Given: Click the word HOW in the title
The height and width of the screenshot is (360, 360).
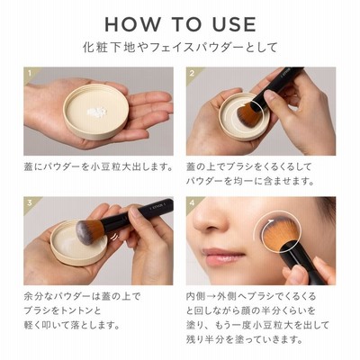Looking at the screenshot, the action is point(132,24).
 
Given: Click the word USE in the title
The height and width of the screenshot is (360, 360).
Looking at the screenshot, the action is point(234,24).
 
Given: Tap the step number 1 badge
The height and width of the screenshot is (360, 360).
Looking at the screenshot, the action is point(30,73).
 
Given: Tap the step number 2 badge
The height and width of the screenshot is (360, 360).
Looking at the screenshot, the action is point(192,73).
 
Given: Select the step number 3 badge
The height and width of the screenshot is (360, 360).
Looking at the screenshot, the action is point(30,202).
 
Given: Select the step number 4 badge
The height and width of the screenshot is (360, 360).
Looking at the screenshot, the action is point(192,202).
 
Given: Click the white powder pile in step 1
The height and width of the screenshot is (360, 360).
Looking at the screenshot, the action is point(96,112).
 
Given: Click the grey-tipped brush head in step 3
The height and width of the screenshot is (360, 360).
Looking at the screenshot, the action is point(89,231).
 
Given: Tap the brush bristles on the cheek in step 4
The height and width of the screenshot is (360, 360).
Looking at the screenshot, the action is point(279,232).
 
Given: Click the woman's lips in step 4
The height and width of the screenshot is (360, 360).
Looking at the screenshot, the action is point(223,256).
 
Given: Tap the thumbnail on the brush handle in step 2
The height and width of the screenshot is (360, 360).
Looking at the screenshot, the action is point(270,96).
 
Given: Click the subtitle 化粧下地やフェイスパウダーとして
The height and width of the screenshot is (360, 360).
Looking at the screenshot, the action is point(180,48).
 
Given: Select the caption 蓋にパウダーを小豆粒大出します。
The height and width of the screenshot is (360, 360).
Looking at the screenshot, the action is point(99,166).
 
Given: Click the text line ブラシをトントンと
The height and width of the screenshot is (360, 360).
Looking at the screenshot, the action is point(62,310).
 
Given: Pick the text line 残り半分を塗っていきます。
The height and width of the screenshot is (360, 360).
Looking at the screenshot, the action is point(244,339).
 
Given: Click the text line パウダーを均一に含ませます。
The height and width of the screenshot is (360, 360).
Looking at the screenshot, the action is point(250,181).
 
